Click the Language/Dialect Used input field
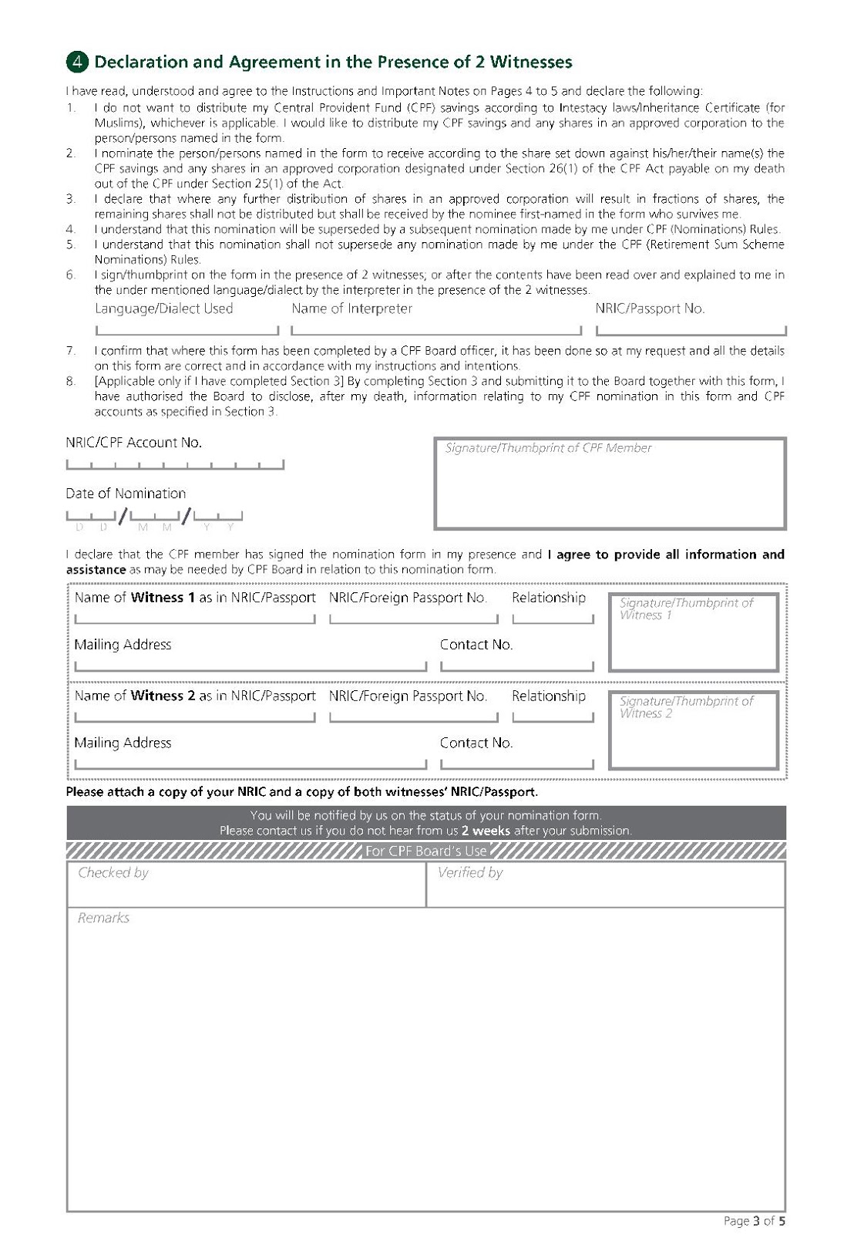point(187,329)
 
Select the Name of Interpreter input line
point(436,329)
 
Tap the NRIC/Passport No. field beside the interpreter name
point(691,329)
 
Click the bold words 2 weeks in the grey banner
point(486,831)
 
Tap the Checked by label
point(113,872)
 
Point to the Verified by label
point(470,872)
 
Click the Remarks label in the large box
point(103,918)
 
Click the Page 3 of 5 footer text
point(754,1220)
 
